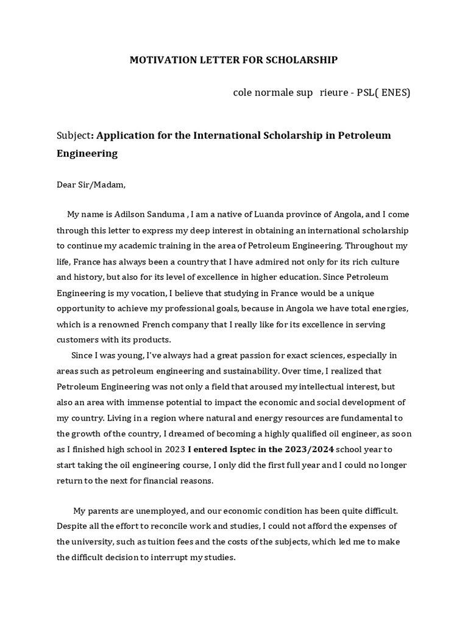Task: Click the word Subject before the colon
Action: [73, 135]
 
